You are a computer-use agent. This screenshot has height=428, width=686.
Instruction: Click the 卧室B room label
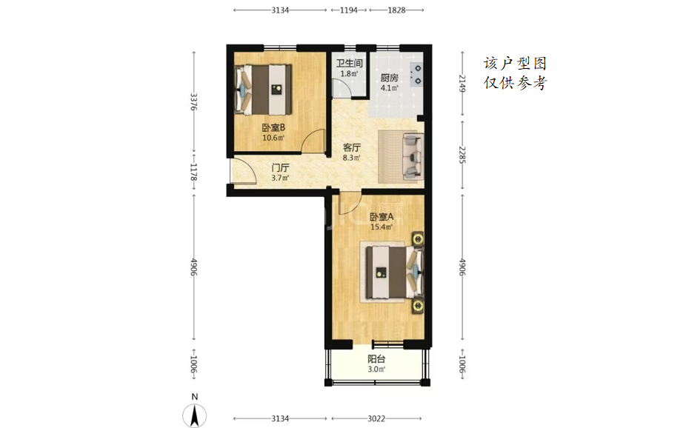(x=273, y=127)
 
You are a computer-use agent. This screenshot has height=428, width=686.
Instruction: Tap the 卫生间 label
(x=349, y=64)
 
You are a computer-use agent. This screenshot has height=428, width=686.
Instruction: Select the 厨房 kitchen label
(x=390, y=78)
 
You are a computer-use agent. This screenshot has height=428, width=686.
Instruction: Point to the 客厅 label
(x=352, y=147)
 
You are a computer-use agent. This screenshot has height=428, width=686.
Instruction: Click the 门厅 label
(x=280, y=168)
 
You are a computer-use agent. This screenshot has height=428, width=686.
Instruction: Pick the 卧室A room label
(x=382, y=217)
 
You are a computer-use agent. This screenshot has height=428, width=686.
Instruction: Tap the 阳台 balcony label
(x=376, y=359)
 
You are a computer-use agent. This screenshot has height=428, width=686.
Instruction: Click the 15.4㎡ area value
(x=382, y=227)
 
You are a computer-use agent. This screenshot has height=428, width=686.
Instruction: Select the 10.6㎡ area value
(x=273, y=138)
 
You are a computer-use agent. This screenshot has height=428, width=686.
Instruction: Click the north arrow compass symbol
(x=195, y=415)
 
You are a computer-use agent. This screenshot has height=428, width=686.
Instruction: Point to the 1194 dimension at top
(x=349, y=10)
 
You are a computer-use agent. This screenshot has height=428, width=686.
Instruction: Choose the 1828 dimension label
(x=396, y=10)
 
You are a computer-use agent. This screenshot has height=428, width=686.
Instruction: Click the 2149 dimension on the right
(x=462, y=83)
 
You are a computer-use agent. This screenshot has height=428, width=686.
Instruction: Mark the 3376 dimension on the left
(x=194, y=101)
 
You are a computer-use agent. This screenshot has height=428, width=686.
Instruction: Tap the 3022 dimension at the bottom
(x=376, y=419)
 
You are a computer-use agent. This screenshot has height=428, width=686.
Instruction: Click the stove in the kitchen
(x=416, y=74)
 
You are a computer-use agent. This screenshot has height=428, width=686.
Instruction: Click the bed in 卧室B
(x=264, y=90)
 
